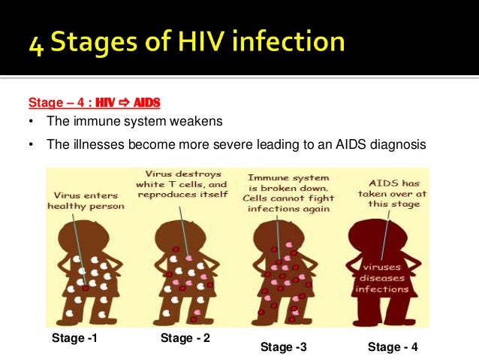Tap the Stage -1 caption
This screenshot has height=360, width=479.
tap(74, 338)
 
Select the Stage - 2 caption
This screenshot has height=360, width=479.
tap(185, 338)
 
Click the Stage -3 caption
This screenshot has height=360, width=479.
tap(283, 346)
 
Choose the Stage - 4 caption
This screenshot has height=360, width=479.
tap(393, 346)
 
